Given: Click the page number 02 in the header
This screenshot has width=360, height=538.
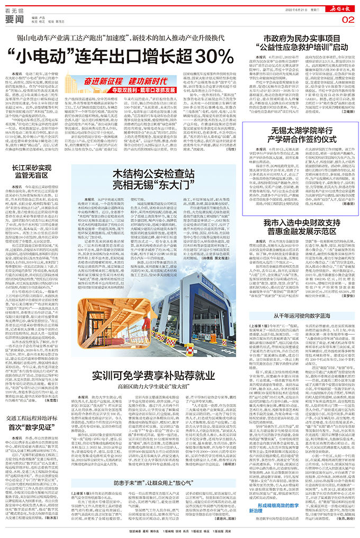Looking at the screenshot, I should [x=347, y=20].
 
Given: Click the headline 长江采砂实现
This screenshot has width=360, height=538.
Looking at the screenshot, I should [x=33, y=168].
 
